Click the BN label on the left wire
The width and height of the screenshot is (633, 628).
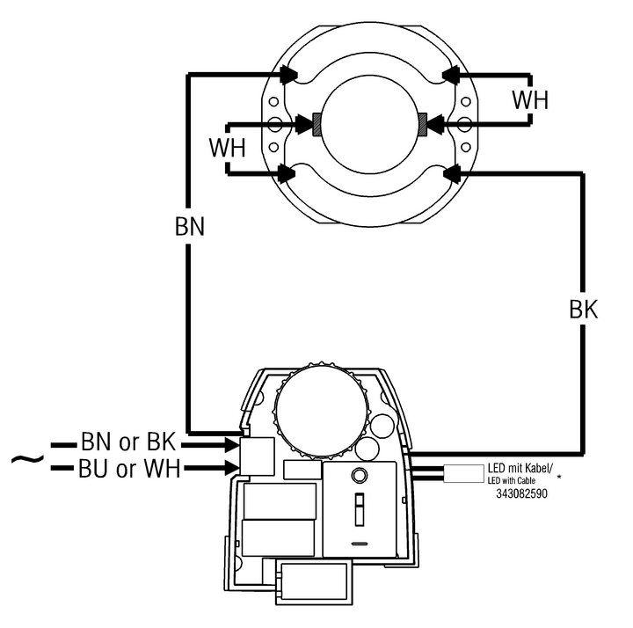coord(190,226)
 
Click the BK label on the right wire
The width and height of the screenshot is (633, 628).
coord(584,310)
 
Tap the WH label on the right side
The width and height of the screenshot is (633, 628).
coord(530,99)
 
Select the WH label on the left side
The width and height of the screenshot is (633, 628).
coord(228,148)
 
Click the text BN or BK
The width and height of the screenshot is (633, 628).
coord(128,442)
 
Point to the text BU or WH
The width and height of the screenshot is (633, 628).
coord(129,469)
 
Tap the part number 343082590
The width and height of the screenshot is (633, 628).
coord(521,493)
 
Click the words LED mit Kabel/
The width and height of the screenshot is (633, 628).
coord(520,468)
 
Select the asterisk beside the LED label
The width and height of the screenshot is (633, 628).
coord(559,477)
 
